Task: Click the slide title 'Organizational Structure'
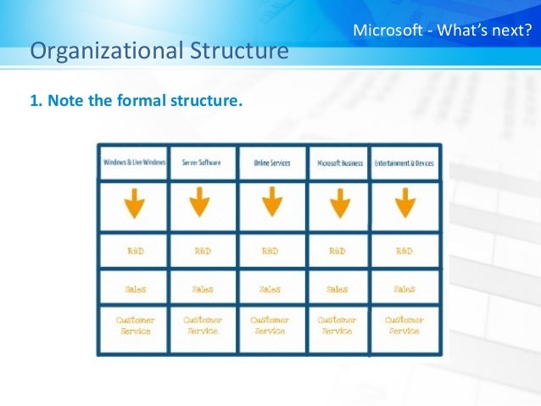[x=159, y=53]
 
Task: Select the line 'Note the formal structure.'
[x=137, y=102]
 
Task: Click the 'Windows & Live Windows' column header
[x=134, y=162]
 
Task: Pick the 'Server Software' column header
[x=202, y=162]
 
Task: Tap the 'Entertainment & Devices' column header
[x=404, y=162]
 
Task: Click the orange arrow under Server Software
[x=200, y=203]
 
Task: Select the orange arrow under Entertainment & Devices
[x=404, y=203]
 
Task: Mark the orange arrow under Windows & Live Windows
[x=134, y=203]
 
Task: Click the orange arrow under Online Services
[x=270, y=203]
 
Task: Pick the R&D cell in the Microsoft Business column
[x=337, y=252]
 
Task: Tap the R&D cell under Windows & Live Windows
[x=135, y=252]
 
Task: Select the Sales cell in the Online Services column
[x=270, y=289]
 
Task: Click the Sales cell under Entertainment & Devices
[x=404, y=289]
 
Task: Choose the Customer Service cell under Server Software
[x=202, y=325]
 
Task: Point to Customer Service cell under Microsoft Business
[x=337, y=325]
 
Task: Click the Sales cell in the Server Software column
[x=202, y=289]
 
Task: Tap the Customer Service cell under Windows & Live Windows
[x=135, y=325]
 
